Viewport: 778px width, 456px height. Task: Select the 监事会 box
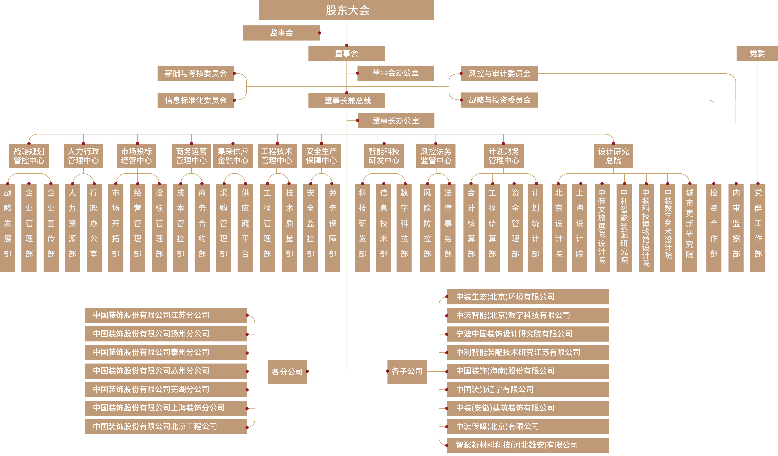click(281, 33)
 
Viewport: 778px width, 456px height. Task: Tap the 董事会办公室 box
click(396, 73)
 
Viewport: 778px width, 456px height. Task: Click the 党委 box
click(757, 53)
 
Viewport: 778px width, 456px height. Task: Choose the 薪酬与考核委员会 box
click(196, 73)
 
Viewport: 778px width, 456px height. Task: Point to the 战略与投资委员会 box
click(500, 100)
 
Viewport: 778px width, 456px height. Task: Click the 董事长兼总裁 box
click(347, 100)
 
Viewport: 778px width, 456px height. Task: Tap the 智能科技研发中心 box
click(384, 155)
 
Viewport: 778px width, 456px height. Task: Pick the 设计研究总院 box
click(613, 155)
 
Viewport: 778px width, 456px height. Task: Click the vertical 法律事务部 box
click(448, 228)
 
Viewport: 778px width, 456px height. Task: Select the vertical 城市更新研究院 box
click(689, 228)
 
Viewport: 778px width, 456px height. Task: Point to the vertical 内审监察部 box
click(736, 228)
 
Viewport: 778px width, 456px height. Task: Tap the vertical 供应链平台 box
click(245, 228)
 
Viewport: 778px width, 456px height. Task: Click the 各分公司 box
click(287, 372)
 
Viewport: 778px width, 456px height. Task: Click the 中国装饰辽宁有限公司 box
click(528, 389)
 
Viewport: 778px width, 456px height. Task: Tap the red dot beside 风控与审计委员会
click(461, 73)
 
